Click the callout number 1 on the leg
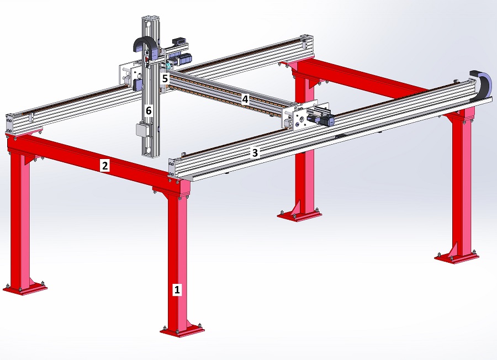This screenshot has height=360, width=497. [177, 289]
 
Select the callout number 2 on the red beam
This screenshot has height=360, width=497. [104, 166]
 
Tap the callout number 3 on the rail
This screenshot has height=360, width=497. [255, 153]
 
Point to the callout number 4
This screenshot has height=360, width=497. [245, 99]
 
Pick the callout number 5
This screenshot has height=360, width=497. [165, 78]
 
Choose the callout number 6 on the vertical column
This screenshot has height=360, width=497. [149, 111]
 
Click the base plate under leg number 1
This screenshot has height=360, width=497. [182, 331]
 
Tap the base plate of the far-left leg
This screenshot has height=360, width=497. [25, 288]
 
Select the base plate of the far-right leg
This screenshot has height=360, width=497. [457, 258]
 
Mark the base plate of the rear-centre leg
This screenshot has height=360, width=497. [299, 215]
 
